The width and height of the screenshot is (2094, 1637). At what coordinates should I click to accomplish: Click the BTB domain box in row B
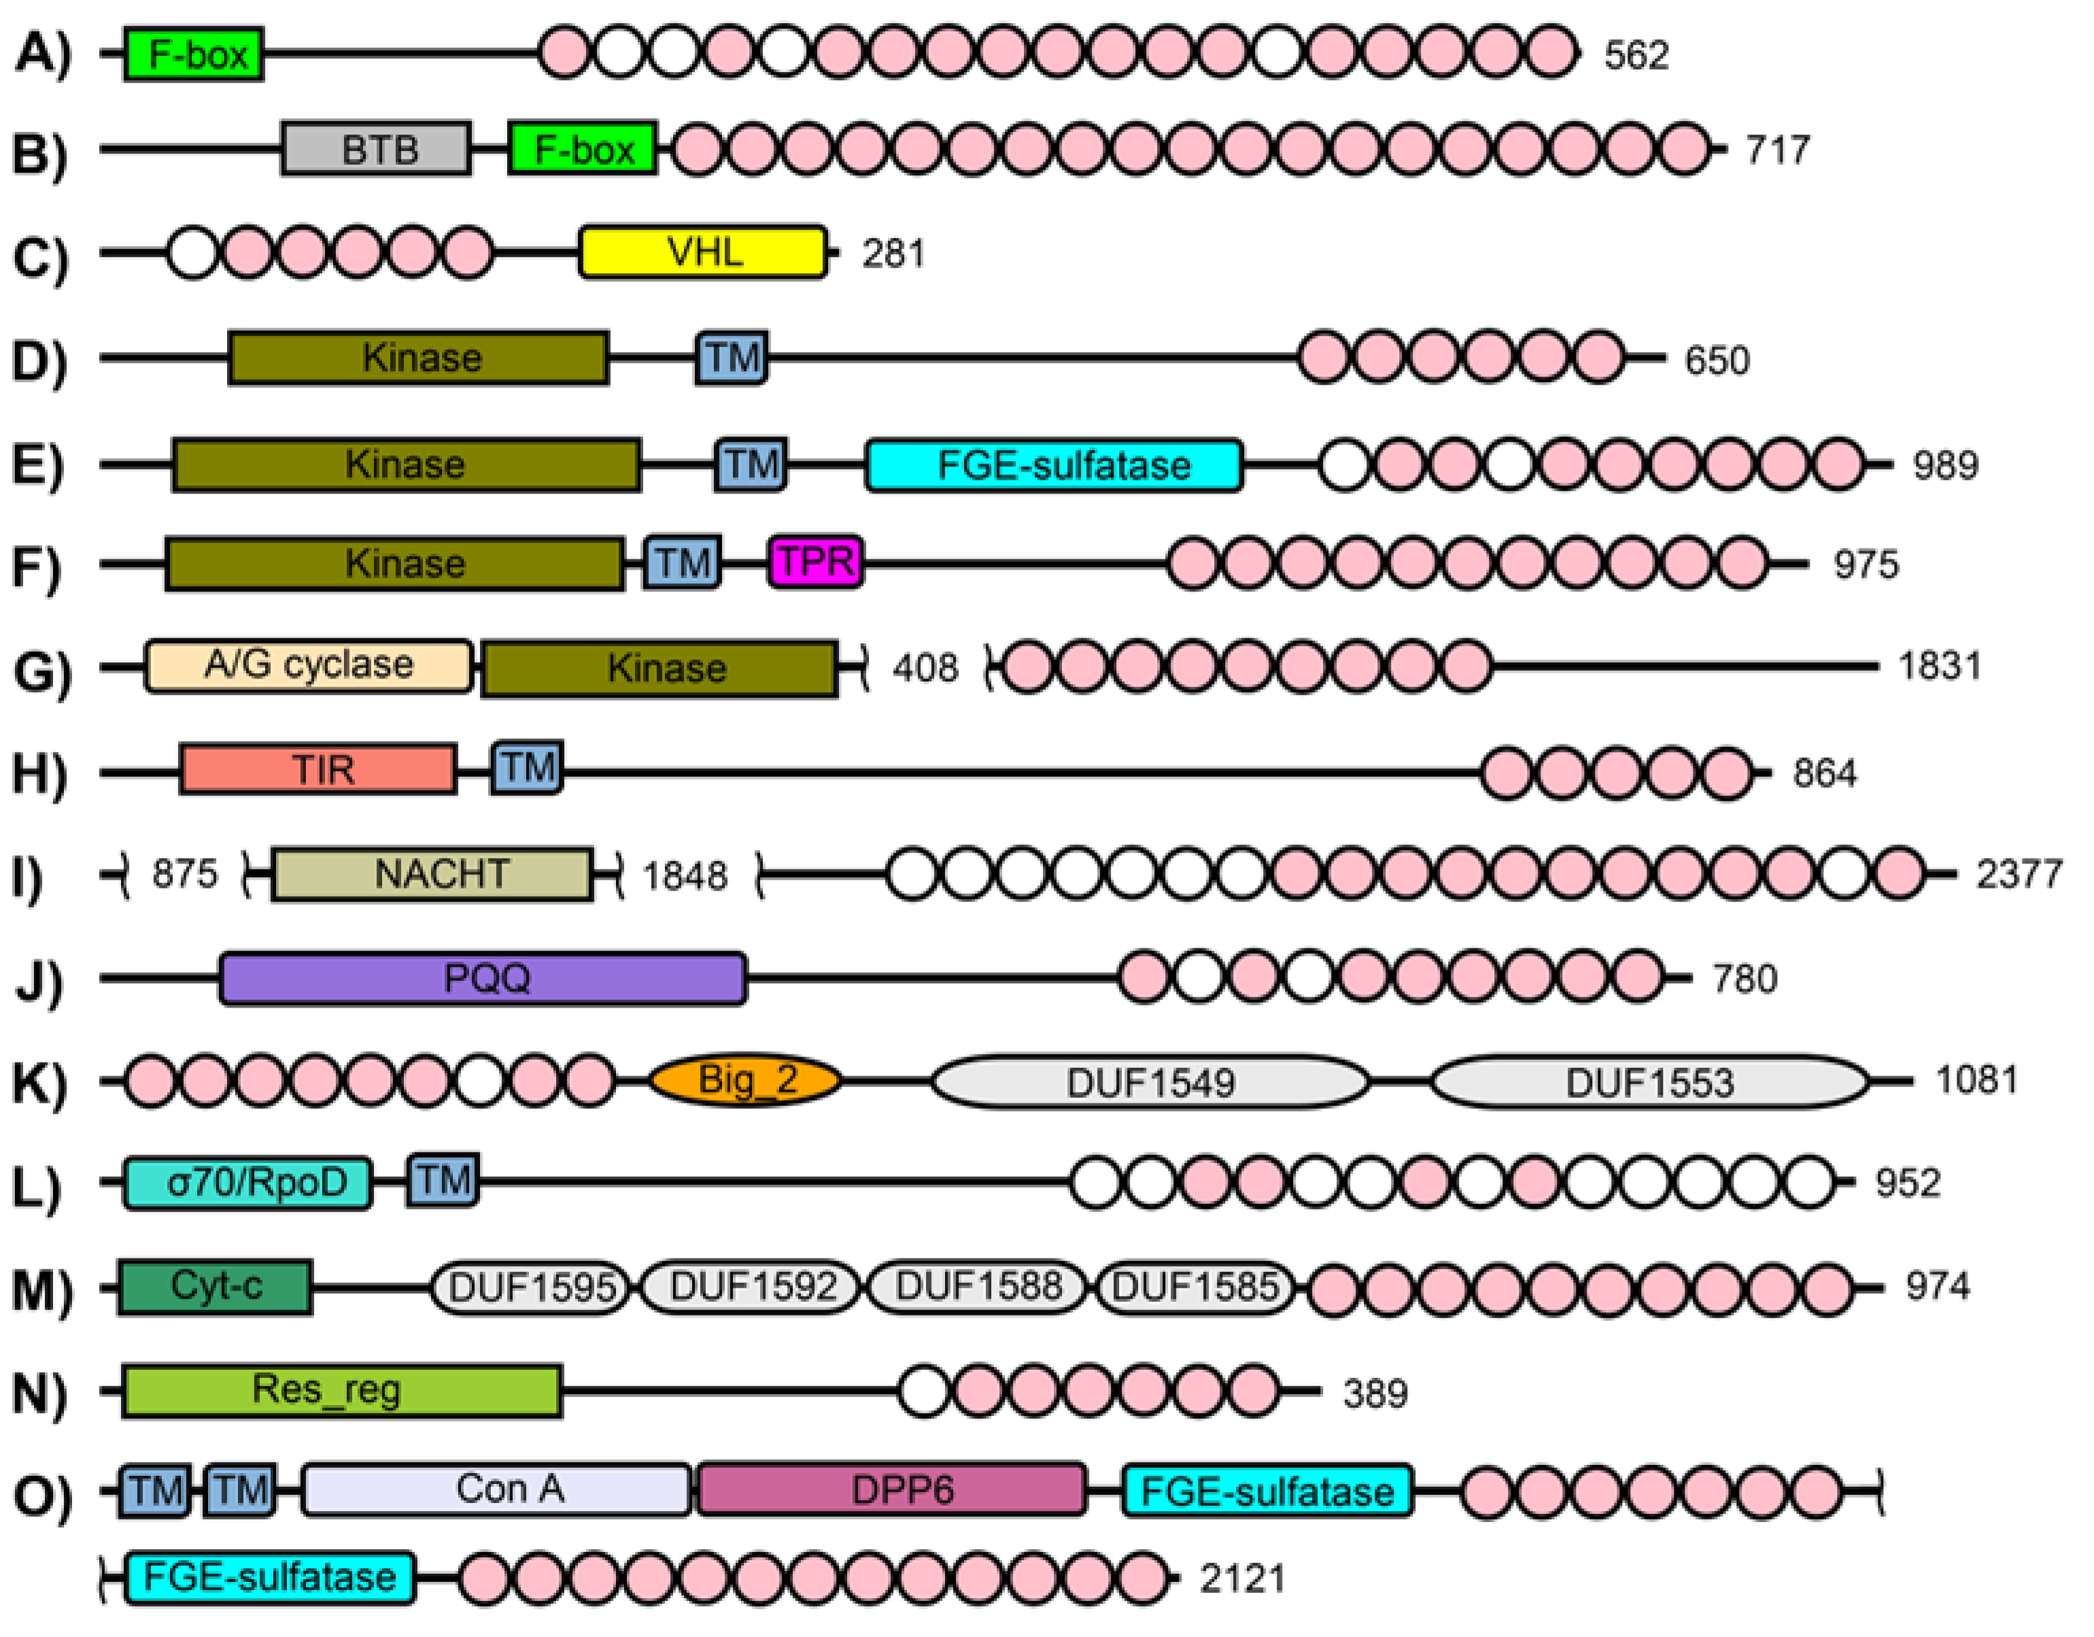(x=376, y=149)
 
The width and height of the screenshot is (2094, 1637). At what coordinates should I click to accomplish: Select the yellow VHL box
(x=703, y=252)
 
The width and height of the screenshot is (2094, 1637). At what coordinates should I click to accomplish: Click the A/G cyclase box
(x=309, y=666)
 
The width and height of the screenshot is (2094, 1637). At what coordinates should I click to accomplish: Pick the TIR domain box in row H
(x=318, y=769)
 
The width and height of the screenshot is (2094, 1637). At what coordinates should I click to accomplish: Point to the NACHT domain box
(x=432, y=874)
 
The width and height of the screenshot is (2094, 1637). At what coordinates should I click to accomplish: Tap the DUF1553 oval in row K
(x=1649, y=1082)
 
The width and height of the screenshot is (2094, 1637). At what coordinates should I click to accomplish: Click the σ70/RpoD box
(x=247, y=1182)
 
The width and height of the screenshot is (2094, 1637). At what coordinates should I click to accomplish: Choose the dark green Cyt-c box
(x=215, y=1286)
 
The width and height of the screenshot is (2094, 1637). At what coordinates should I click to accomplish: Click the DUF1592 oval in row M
(x=752, y=1287)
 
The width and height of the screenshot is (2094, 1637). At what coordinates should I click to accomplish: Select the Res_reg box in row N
(x=341, y=1390)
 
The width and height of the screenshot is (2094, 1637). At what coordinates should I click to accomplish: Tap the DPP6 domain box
(x=892, y=1490)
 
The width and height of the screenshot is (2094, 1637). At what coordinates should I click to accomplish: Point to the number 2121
(x=1241, y=1579)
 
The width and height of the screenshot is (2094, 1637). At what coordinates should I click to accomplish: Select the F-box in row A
(x=194, y=54)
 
